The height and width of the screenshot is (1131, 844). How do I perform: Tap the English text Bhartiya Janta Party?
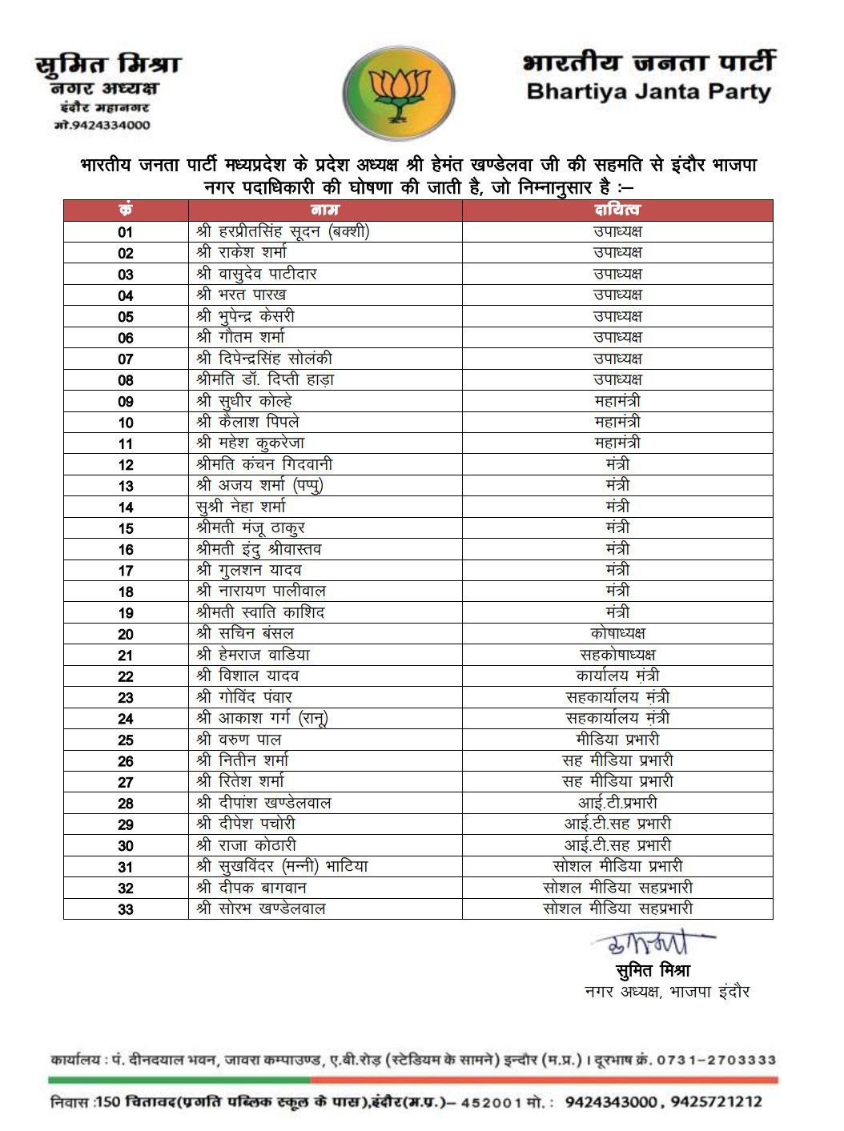click(648, 91)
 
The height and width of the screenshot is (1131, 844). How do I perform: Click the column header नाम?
click(324, 210)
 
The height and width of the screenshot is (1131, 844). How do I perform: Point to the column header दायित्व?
click(617, 210)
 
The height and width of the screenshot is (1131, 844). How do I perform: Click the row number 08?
click(126, 380)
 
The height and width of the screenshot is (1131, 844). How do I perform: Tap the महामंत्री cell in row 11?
click(617, 443)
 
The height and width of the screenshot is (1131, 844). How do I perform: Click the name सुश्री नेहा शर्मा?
click(240, 507)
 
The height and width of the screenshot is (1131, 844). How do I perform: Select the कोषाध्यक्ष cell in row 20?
click(617, 633)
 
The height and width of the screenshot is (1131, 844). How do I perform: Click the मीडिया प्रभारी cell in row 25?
click(617, 740)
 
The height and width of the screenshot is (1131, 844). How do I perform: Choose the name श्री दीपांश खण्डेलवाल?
click(263, 803)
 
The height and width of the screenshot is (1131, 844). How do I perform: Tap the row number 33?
click(126, 909)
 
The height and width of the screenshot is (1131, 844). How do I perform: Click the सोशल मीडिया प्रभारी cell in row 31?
click(617, 866)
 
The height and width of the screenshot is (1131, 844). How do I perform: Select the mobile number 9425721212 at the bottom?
click(717, 1102)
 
